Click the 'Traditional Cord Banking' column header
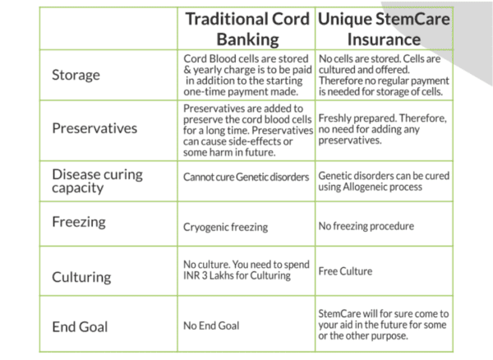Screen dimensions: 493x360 [247, 29]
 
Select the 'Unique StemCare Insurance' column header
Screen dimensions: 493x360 [384, 29]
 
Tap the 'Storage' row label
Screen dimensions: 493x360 [76, 75]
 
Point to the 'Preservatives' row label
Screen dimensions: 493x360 [94, 128]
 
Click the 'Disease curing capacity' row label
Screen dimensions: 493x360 [98, 181]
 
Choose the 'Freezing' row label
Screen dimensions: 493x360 [79, 222]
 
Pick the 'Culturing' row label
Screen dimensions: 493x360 [81, 277]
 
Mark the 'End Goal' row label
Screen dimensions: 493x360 [80, 326]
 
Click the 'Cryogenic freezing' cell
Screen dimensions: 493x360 [225, 227]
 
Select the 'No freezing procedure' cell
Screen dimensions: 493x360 [366, 226]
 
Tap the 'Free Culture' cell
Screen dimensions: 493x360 [345, 271]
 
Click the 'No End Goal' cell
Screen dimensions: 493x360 [211, 325]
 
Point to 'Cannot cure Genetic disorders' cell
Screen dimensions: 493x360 [246, 177]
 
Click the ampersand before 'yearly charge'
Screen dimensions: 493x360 [187, 70]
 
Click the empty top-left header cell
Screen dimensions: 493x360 [108, 29]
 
